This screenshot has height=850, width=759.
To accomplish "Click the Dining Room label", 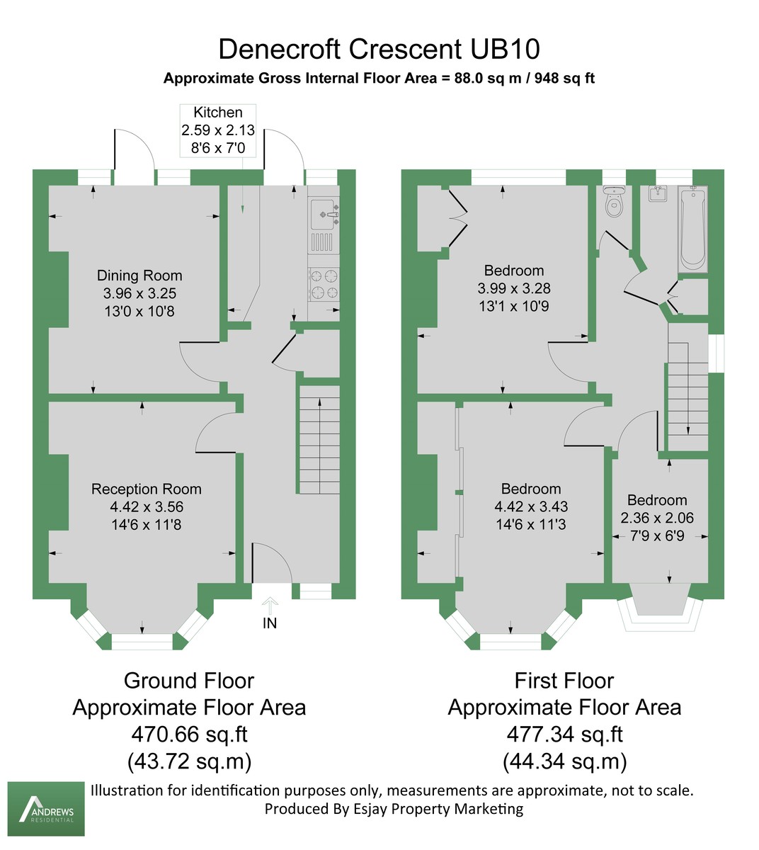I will pyautogui.click(x=139, y=276).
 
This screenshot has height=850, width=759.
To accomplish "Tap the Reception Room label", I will pyautogui.click(x=147, y=489).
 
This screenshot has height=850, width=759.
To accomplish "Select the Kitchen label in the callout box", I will pyautogui.click(x=218, y=113).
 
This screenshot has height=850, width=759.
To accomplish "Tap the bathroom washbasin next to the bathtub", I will pyautogui.click(x=659, y=193).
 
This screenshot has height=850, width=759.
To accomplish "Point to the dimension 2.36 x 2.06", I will pyautogui.click(x=657, y=518).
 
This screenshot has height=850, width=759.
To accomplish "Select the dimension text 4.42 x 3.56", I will pyautogui.click(x=147, y=507).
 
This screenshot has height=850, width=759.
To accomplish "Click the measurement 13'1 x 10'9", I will pyautogui.click(x=514, y=306).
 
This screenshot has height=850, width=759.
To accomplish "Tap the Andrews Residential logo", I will pyautogui.click(x=46, y=809).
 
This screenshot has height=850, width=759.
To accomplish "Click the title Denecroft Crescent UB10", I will pyautogui.click(x=379, y=49).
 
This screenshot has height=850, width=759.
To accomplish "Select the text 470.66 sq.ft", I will pyautogui.click(x=189, y=734).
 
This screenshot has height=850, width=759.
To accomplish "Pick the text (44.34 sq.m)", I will pyautogui.click(x=564, y=761).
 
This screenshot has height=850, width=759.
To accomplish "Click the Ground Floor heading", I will pyautogui.click(x=189, y=681).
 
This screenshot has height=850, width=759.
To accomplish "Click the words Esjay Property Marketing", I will pyautogui.click(x=438, y=809).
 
